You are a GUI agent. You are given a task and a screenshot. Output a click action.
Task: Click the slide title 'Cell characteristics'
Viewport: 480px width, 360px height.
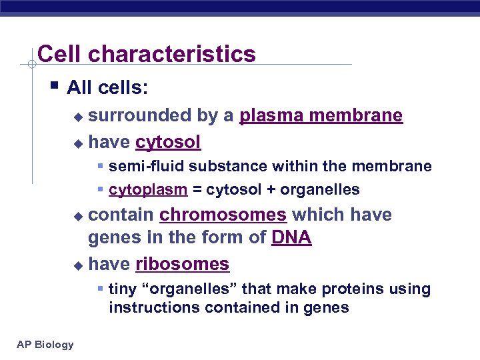pos(147,54)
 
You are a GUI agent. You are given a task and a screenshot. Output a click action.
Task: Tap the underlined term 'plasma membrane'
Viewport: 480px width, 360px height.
pos(321,116)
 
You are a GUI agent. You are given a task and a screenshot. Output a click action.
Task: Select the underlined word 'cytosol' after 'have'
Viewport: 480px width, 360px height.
pos(168,142)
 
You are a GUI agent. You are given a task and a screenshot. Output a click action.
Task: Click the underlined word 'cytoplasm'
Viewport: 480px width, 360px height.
pos(148,190)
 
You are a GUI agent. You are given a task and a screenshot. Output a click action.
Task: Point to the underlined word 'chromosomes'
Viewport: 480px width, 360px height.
pos(223,215)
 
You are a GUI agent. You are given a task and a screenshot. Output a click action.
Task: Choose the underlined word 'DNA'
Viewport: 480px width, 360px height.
pos(291,238)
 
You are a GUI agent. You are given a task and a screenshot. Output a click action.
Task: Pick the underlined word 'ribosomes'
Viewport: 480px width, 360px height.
pos(182,264)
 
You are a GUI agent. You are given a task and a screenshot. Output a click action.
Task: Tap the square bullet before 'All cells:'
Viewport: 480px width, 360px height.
pos(54,86)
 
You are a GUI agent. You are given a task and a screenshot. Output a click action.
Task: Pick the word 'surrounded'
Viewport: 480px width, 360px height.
pos(139,116)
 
